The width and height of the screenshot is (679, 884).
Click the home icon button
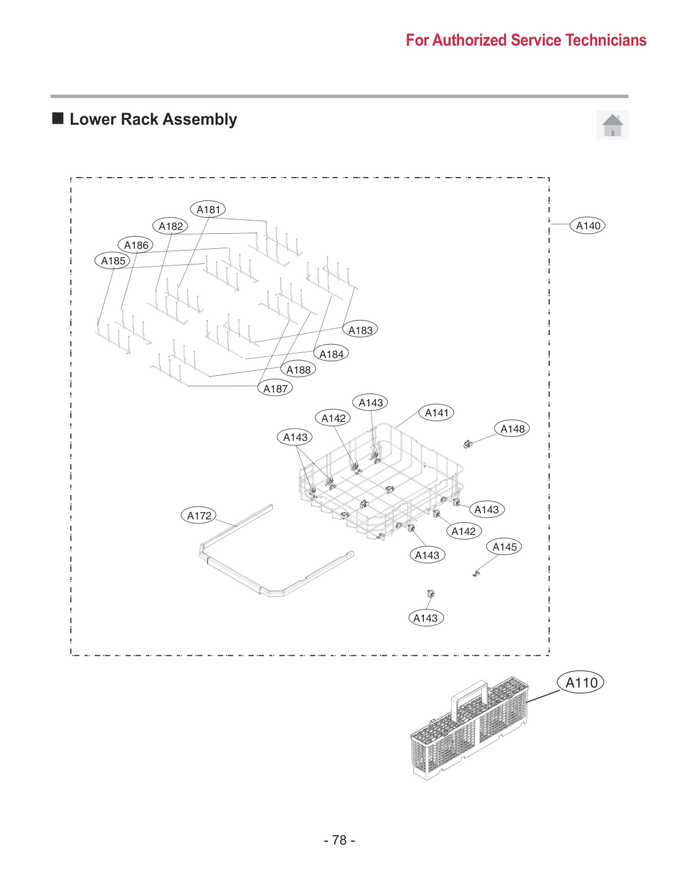[612, 125]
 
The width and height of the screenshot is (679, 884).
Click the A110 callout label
[581, 682]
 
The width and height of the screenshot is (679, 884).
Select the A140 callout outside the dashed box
[588, 225]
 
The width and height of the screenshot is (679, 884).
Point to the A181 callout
[208, 209]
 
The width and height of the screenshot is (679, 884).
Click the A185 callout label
[113, 261]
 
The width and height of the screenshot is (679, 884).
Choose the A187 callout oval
[275, 389]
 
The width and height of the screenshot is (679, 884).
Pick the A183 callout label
[360, 330]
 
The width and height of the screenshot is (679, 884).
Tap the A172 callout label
[199, 515]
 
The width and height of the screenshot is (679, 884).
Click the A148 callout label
[512, 429]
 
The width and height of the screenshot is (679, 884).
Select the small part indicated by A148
[467, 444]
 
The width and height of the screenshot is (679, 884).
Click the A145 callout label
[504, 547]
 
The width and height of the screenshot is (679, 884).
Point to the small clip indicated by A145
[476, 572]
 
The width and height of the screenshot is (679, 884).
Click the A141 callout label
[436, 412]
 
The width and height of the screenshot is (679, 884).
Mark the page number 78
[339, 839]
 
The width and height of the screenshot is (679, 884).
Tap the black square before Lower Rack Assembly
[58, 118]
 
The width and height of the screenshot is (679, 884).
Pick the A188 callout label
[298, 370]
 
